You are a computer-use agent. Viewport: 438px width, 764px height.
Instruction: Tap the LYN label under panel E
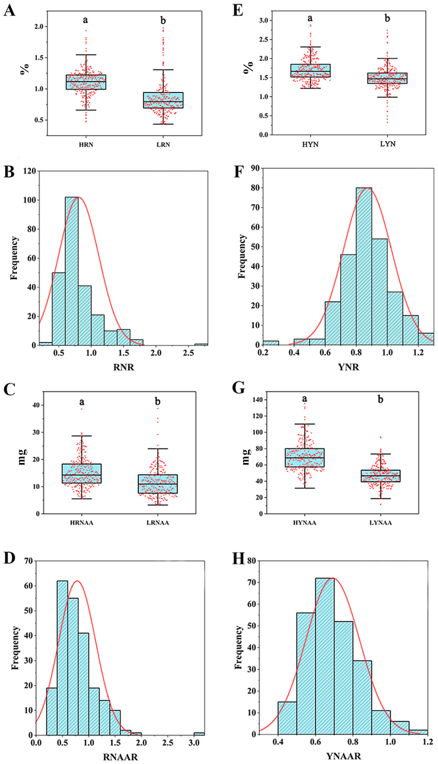pyautogui.click(x=388, y=144)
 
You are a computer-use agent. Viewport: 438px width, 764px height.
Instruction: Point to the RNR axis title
pyautogui.click(x=124, y=367)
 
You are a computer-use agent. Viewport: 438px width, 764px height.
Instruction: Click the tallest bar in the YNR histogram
pyautogui.click(x=364, y=266)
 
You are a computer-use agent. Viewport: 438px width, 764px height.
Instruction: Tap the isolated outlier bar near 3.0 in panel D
pyautogui.click(x=199, y=734)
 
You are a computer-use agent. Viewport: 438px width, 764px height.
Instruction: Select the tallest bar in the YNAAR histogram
pyautogui.click(x=324, y=656)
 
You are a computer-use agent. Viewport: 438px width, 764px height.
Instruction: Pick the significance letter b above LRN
pyautogui.click(x=163, y=21)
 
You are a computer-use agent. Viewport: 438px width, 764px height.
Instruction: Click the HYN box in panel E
pyautogui.click(x=310, y=70)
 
